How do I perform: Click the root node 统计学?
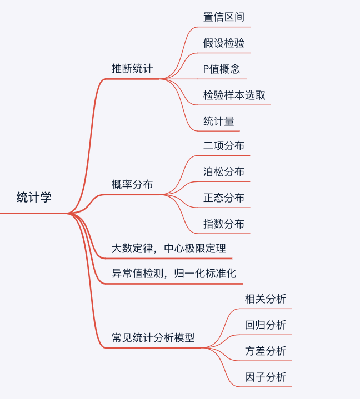pos(34,197)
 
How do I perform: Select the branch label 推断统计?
pos(132,69)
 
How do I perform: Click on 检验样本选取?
pos(234,95)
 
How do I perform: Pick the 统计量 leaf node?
pos(219,121)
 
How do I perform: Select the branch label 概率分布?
pos(132,184)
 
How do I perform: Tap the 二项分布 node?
pos(224,145)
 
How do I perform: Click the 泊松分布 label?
pos(224,171)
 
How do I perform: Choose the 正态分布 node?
pos(224,198)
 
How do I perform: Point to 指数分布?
pos(224,224)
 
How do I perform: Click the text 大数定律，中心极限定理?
pos(169,248)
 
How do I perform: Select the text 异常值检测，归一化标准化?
pos(174,274)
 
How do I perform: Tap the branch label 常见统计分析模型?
pos(153,337)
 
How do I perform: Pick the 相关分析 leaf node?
pos(266,299)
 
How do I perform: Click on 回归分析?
pos(266,325)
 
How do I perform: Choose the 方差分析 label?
pos(266,351)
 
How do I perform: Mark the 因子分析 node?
pos(266,377)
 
